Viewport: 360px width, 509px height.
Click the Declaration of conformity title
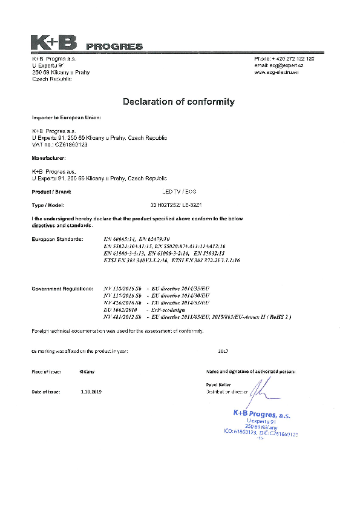click(x=178, y=102)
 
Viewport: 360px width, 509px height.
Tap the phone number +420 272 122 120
click(x=292, y=58)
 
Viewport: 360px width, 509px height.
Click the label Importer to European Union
click(x=66, y=117)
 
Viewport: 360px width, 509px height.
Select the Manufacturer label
click(x=50, y=158)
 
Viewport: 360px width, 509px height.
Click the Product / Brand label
click(x=51, y=191)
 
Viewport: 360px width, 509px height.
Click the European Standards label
click(x=56, y=239)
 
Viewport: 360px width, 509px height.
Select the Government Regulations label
click(x=62, y=289)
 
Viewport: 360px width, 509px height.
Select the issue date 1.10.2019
click(x=91, y=392)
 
